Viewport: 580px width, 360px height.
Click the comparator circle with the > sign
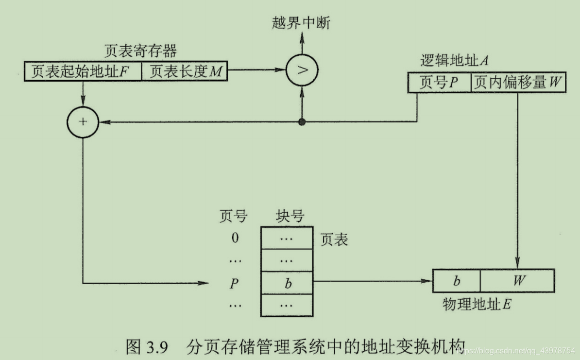[302, 70]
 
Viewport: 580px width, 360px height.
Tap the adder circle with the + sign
[83, 122]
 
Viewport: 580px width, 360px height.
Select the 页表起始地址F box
[83, 71]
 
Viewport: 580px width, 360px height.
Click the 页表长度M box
[185, 71]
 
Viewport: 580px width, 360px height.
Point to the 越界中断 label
[301, 23]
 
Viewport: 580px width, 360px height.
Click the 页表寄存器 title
[140, 51]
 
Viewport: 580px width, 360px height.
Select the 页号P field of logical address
[439, 83]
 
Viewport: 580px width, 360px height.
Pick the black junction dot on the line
[302, 122]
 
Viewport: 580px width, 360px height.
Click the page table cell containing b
[287, 283]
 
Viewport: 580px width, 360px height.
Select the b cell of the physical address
[456, 280]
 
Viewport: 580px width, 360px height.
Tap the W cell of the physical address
[518, 280]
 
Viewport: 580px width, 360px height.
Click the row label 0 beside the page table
[236, 239]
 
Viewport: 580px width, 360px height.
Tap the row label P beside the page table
[235, 283]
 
